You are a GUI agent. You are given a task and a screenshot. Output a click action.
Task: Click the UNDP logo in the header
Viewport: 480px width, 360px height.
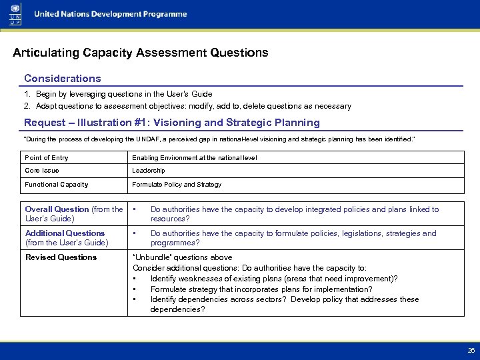pyautogui.click(x=15, y=14)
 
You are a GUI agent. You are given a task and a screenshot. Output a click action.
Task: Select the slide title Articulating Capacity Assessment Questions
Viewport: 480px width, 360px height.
pyautogui.click(x=141, y=52)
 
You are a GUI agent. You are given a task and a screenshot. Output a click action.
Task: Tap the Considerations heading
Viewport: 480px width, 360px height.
pyautogui.click(x=63, y=79)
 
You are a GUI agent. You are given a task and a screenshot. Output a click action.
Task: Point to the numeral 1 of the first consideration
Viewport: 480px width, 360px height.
pyautogui.click(x=27, y=95)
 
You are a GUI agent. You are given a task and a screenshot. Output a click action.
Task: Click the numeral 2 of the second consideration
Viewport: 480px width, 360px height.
pyautogui.click(x=27, y=106)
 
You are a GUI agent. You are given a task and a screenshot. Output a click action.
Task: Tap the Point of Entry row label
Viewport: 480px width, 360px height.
pyautogui.click(x=47, y=158)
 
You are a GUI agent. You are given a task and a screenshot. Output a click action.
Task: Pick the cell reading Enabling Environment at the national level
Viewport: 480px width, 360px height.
pyautogui.click(x=194, y=158)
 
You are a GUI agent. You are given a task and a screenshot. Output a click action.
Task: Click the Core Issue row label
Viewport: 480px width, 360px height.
pyautogui.click(x=42, y=171)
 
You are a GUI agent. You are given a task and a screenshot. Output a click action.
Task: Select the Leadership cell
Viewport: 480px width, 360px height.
pyautogui.click(x=149, y=171)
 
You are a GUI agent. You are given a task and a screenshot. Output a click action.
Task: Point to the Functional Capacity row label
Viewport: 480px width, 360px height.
pyautogui.click(x=57, y=185)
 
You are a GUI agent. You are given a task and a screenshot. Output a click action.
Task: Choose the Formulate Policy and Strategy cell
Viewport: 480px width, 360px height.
pyautogui.click(x=177, y=185)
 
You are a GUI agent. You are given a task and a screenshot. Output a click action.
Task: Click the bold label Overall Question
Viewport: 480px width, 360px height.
pyautogui.click(x=57, y=209)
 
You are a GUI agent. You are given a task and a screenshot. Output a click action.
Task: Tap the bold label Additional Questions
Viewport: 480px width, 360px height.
pyautogui.click(x=65, y=233)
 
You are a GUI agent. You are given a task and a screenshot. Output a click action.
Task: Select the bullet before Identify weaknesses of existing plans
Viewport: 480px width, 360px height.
pyautogui.click(x=135, y=279)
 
